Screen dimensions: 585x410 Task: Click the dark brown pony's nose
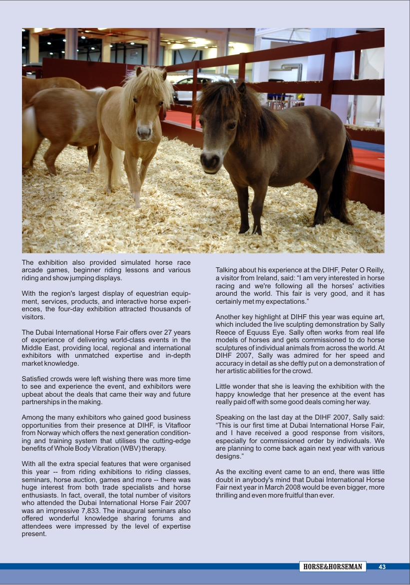210,161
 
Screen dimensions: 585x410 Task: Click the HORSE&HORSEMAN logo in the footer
333,567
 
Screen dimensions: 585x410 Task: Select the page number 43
382,567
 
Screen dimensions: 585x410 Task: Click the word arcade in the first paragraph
31,270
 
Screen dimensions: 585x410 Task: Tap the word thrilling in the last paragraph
229,495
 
